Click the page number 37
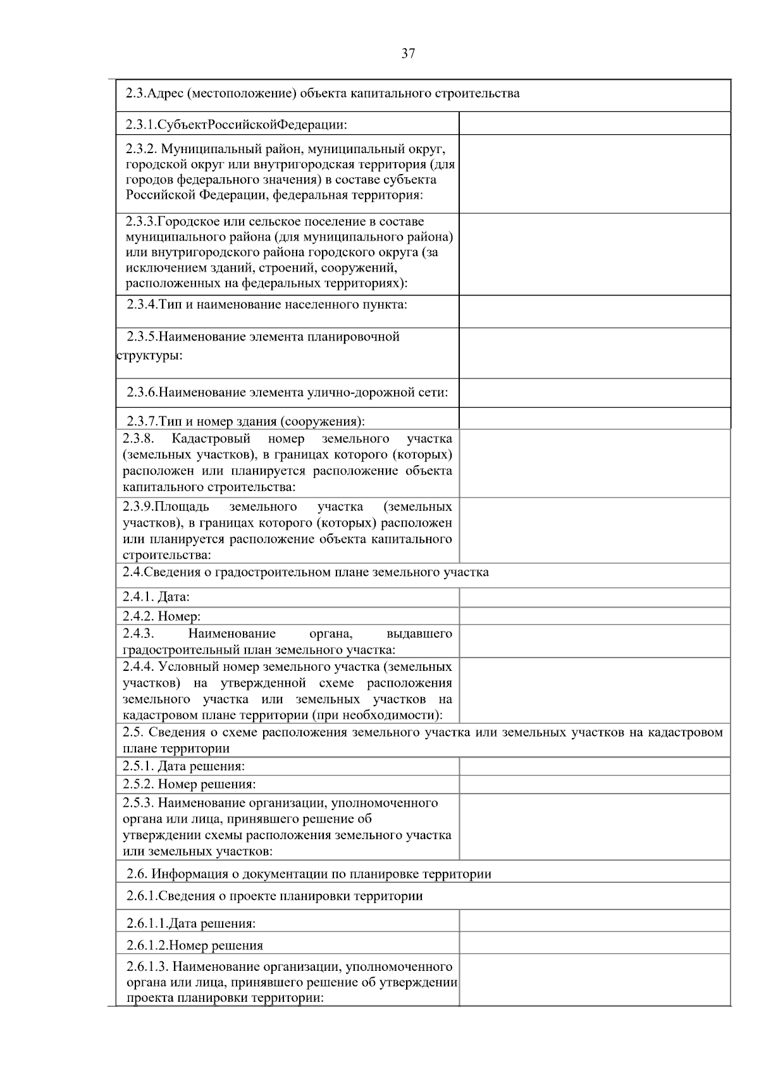408,54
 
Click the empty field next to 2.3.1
595,123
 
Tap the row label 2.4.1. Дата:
156,597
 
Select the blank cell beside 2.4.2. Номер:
595,616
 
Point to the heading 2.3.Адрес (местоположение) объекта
323,94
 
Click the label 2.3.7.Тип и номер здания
245,421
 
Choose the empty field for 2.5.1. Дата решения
595,766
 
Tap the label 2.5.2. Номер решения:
189,784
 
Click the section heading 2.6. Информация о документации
309,874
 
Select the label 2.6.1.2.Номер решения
194,946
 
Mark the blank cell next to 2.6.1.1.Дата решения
595,923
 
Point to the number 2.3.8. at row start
139,439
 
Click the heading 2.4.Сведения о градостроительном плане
305,572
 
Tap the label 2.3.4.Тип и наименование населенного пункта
266,304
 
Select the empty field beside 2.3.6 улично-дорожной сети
595,392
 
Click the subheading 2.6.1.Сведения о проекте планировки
275,896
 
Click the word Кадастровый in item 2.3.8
211,439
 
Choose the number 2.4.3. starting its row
139,634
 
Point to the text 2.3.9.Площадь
166,506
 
